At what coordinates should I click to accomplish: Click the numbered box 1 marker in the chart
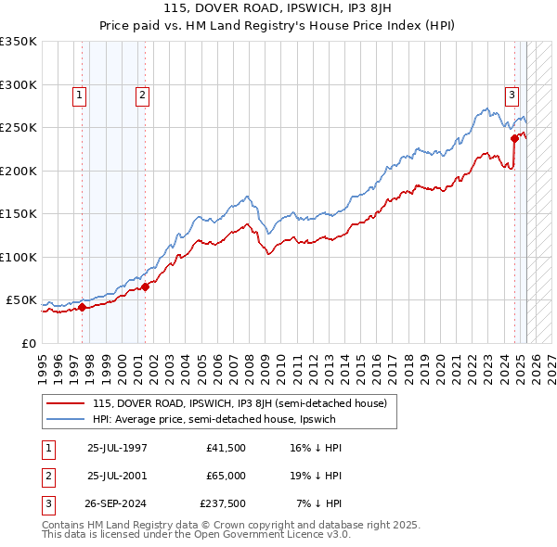(80, 94)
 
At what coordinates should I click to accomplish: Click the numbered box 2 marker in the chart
(142, 94)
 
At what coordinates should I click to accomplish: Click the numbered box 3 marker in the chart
(512, 94)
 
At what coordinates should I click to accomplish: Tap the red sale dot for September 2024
(514, 139)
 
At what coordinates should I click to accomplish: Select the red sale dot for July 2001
(146, 287)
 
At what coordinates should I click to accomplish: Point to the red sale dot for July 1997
(82, 308)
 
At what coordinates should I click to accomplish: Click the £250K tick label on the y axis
(19, 128)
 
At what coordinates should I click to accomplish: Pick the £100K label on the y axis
(19, 257)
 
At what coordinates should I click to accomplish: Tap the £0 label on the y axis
(30, 343)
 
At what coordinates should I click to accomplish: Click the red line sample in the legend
(65, 403)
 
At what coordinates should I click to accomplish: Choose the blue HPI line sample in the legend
(65, 419)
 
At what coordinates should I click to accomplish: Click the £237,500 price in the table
(222, 503)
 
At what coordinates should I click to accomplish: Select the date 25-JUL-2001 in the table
(117, 476)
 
